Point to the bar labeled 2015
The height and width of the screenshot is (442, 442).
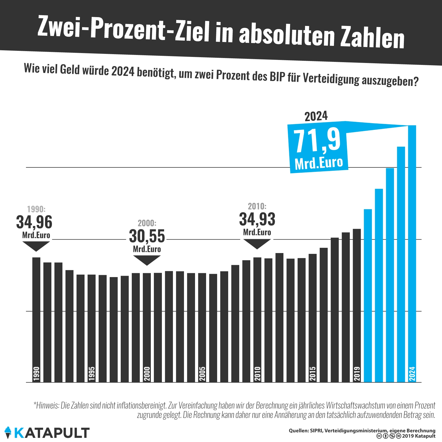[x=312, y=318]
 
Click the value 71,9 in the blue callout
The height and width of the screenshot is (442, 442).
[x=317, y=141]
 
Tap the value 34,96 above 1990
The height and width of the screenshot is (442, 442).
[x=34, y=222]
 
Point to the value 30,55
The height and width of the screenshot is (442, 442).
[x=147, y=236]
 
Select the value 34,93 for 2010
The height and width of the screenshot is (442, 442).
[x=257, y=219]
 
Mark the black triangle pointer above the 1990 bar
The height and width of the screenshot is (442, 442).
[x=36, y=246]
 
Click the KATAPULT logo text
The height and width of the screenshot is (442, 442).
[x=52, y=433]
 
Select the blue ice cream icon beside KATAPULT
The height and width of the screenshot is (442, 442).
[x=8, y=432]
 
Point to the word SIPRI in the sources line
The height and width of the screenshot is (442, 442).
[x=315, y=431]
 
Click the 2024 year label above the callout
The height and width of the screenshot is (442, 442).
[x=316, y=116]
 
